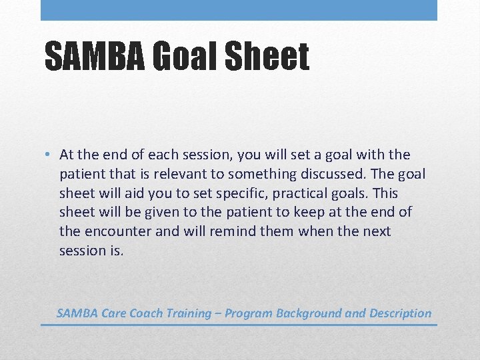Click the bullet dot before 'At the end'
pos(49,155)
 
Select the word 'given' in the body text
pos(163,213)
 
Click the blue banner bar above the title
pos(239,10)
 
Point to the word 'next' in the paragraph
pos(377,232)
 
